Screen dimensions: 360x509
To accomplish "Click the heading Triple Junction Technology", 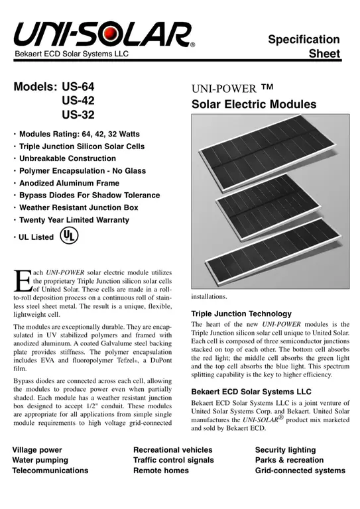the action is [241, 313].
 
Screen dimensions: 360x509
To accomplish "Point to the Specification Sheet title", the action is [304, 46].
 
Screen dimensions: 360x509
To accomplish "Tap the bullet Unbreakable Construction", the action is [67, 158].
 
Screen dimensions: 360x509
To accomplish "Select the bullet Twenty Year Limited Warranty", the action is [74, 219].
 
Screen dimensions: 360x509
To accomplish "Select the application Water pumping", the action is [40, 459].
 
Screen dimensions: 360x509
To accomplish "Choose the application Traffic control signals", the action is [173, 459].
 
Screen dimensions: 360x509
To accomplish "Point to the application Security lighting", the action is [289, 449].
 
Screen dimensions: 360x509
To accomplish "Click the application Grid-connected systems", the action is [300, 470].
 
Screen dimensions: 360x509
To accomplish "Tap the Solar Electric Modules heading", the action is [254, 104].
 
